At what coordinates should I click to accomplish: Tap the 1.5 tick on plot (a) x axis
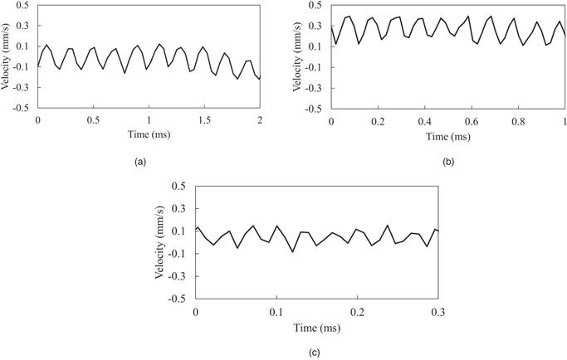tap(204, 119)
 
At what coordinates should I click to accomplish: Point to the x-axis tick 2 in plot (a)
tap(260, 119)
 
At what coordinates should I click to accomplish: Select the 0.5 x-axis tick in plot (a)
tap(93, 119)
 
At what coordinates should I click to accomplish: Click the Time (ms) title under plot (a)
tap(148, 133)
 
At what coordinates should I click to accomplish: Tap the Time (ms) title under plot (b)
tap(447, 134)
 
